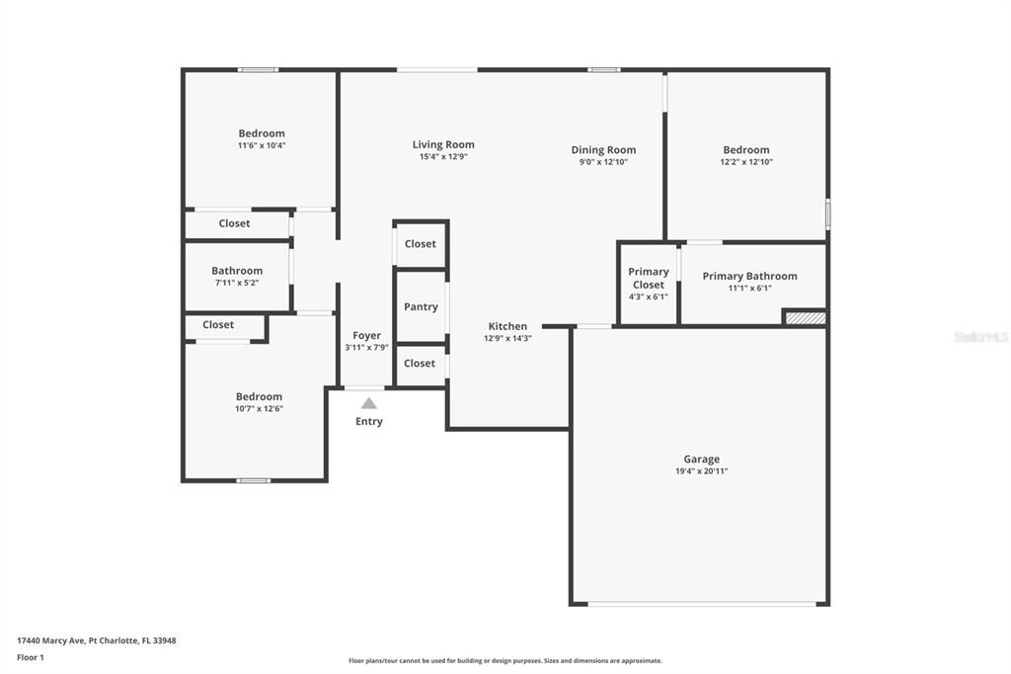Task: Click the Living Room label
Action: (x=443, y=144)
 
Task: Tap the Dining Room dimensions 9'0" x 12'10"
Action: (x=603, y=162)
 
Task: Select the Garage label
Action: (x=702, y=459)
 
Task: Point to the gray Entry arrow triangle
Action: (x=369, y=403)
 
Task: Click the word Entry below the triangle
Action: (x=369, y=422)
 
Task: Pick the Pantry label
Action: (x=421, y=306)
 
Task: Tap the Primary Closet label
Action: (x=649, y=279)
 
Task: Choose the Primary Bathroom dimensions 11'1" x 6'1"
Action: (x=750, y=288)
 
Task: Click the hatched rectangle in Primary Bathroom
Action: (x=806, y=317)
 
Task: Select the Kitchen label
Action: (x=508, y=326)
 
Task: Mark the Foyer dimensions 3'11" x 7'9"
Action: (x=367, y=347)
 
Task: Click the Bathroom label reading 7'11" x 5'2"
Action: (x=237, y=271)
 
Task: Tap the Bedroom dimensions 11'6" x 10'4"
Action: (x=262, y=145)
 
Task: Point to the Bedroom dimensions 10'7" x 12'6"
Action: (x=260, y=409)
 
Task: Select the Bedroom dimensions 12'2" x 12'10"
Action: (x=746, y=162)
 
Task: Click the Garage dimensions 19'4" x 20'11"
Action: (x=702, y=471)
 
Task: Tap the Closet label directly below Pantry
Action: (x=420, y=364)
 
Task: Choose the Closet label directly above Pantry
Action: (x=421, y=244)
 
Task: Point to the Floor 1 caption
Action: (x=31, y=657)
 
